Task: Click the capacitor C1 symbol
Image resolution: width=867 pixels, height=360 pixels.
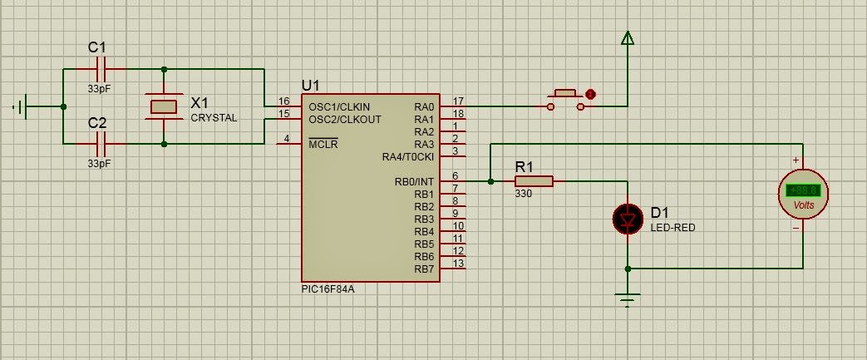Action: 101,69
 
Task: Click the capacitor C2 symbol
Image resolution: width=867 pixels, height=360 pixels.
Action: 101,145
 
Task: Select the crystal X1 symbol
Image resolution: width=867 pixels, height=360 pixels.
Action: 164,106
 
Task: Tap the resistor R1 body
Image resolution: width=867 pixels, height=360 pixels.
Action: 534,181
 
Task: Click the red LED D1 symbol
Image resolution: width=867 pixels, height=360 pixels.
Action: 628,219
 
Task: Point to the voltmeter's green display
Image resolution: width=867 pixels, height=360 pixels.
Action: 803,191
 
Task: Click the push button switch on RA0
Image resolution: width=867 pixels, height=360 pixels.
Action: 565,100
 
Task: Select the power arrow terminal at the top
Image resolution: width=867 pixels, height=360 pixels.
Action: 627,37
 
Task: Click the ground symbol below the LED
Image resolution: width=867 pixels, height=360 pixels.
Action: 627,299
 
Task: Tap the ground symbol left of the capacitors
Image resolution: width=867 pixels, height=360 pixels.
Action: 21,106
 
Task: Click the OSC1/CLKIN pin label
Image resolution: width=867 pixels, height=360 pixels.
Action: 339,106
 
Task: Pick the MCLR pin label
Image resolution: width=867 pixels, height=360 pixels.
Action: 323,145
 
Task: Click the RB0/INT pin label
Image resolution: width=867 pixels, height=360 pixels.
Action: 414,181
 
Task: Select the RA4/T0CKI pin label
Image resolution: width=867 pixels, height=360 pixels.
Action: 408,157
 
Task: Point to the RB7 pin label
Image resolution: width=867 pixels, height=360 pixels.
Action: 424,269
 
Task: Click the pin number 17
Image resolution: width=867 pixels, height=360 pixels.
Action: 458,101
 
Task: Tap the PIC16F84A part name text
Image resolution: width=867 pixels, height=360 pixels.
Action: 328,288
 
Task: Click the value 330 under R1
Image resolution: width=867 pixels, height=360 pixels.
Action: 523,194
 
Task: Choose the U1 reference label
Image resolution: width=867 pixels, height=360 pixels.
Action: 310,86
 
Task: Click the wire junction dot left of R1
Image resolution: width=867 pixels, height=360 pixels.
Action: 490,181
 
